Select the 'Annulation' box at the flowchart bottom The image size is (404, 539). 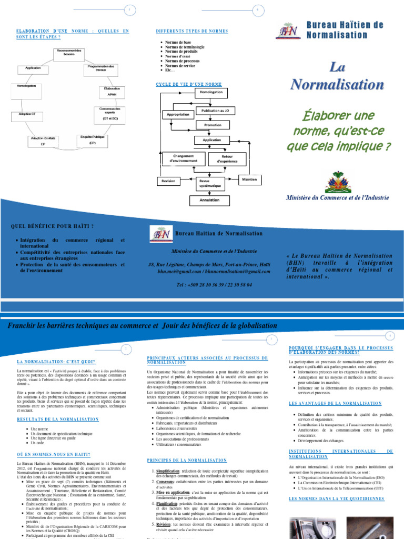coord(209,200)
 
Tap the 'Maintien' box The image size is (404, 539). coord(249,180)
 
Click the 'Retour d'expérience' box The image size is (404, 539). coord(227,158)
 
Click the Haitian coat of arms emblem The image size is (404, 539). coord(337,181)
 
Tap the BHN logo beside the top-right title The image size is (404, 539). coord(288,31)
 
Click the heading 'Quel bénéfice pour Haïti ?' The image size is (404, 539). coord(53,226)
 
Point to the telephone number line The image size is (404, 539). coord(214,284)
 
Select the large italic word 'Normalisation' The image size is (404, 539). coord(337,84)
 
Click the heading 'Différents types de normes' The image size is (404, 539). coord(192,31)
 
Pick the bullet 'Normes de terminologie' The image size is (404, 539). coord(185,47)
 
